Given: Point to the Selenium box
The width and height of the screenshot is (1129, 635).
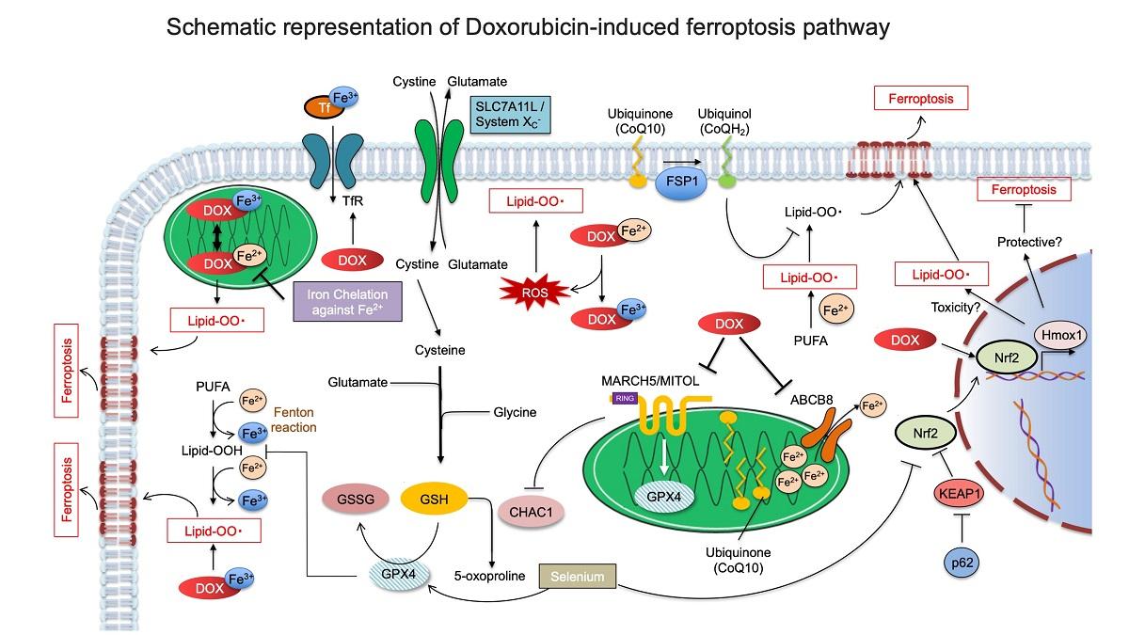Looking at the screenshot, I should pyautogui.click(x=579, y=575).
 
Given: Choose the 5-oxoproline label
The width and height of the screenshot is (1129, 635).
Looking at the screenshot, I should pyautogui.click(x=483, y=576).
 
